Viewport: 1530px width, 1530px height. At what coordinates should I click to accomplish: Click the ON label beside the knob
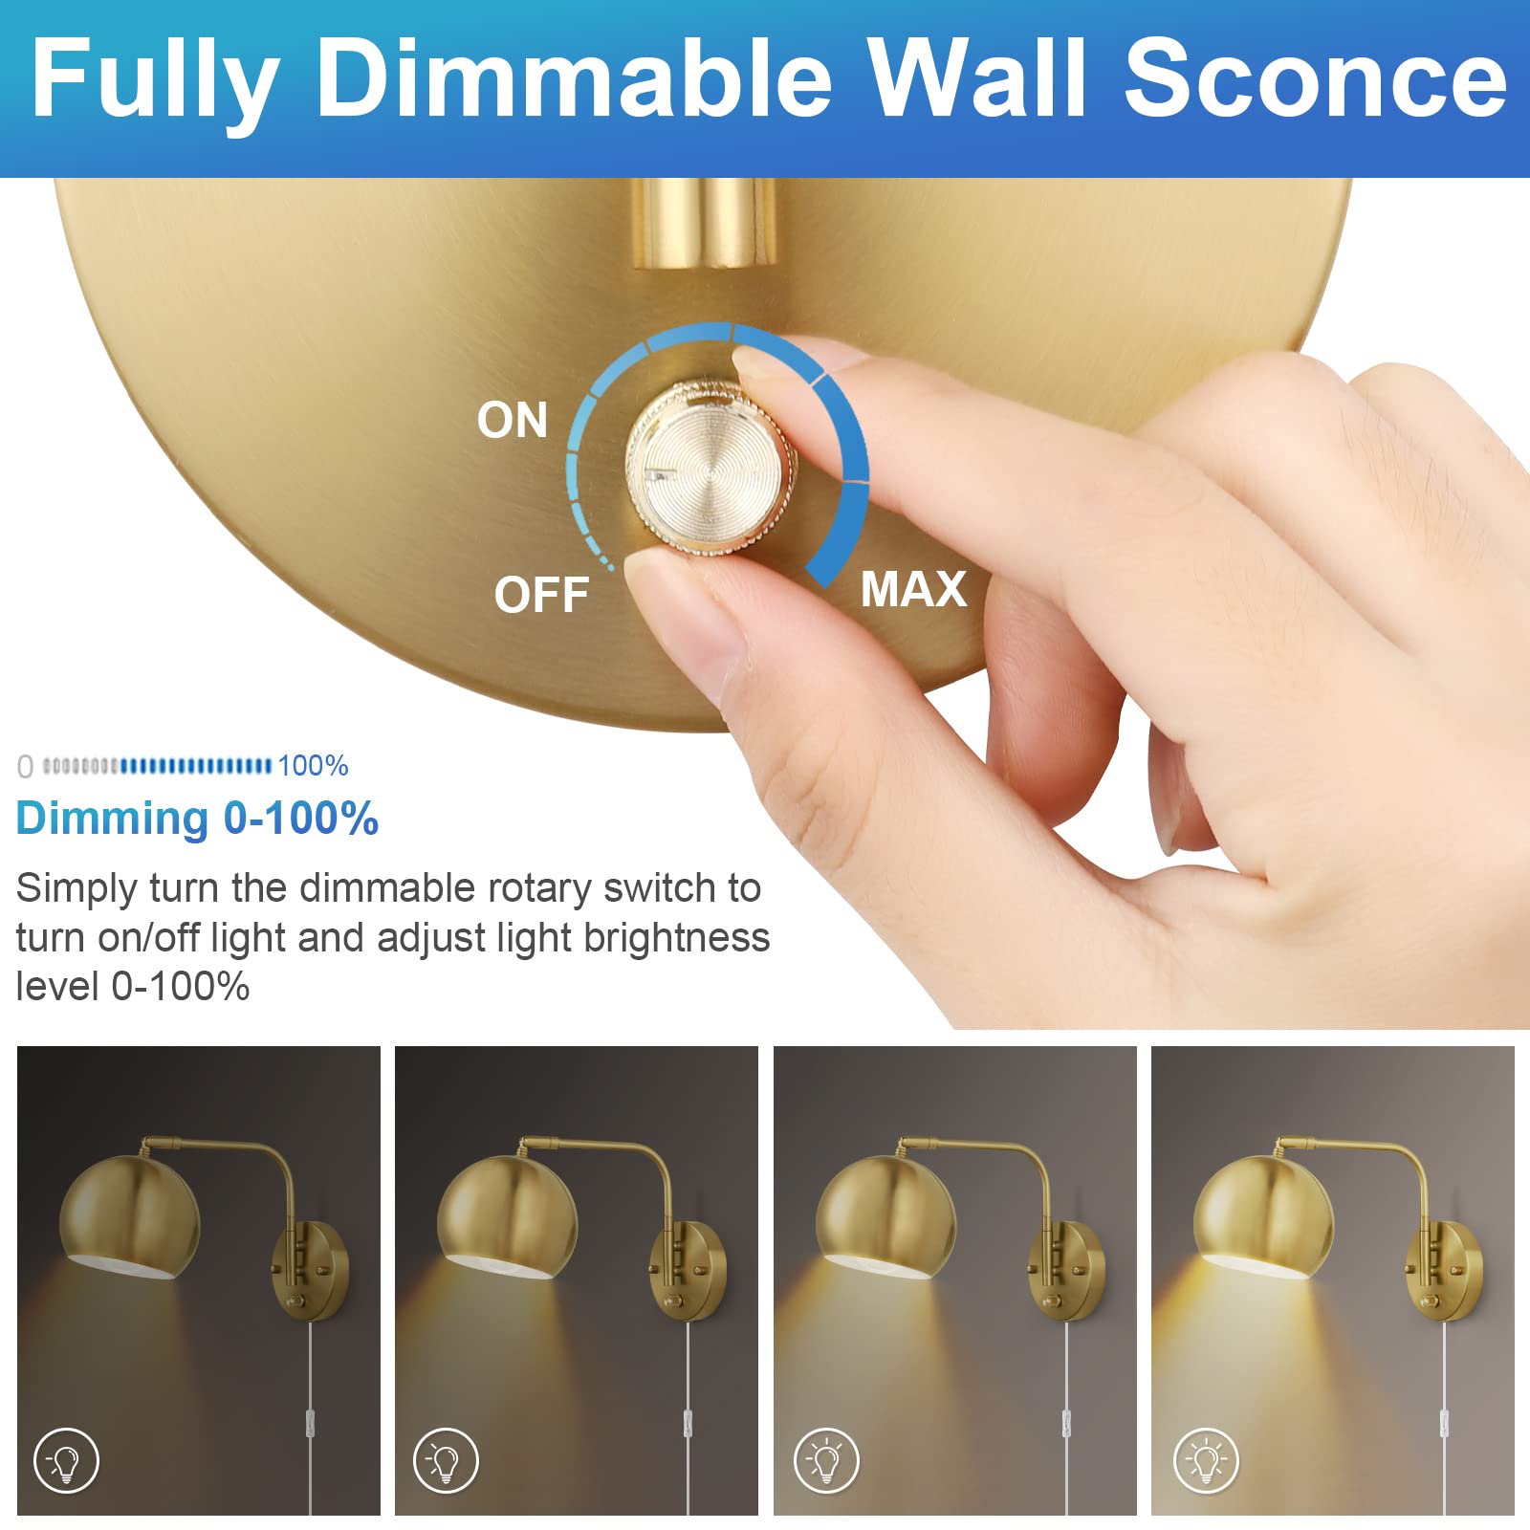click(513, 420)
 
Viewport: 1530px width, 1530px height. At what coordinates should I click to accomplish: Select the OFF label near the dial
click(541, 595)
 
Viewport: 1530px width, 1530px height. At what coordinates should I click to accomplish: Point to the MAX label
click(913, 589)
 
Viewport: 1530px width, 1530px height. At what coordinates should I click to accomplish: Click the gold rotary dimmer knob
click(711, 468)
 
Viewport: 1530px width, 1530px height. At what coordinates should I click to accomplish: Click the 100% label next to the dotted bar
click(313, 766)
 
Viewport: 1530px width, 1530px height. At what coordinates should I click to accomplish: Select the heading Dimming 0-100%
click(197, 819)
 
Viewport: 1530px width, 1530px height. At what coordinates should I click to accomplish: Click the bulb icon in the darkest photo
click(66, 1460)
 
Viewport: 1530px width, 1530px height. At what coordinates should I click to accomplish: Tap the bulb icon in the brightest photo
click(1206, 1460)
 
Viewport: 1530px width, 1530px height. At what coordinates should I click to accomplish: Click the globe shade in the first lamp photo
click(130, 1214)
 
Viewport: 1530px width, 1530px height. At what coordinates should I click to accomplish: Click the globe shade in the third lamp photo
click(885, 1214)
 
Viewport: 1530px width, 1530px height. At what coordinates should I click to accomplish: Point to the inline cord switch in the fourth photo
click(1444, 1423)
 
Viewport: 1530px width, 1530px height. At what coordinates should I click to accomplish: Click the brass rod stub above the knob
click(703, 222)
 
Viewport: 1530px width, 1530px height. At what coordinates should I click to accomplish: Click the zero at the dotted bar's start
click(25, 767)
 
